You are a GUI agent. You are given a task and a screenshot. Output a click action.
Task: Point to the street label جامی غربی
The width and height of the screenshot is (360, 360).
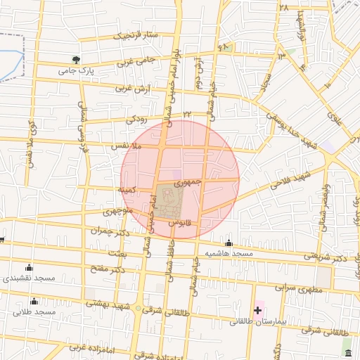click(x=136, y=62)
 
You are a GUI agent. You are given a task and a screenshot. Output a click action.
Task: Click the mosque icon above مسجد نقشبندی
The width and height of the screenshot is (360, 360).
click(x=29, y=266)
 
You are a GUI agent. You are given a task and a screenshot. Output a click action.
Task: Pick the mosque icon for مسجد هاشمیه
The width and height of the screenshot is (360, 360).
click(x=227, y=243)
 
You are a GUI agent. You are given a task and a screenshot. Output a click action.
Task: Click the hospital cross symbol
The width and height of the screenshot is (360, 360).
click(x=258, y=309)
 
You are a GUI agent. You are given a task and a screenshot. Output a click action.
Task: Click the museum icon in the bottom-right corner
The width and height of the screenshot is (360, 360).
click(x=347, y=351)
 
